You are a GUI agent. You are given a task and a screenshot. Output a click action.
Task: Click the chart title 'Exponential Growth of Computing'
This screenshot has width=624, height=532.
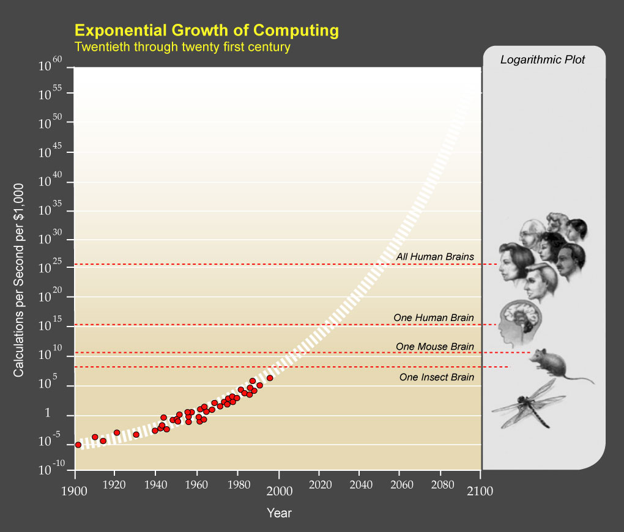click(206, 30)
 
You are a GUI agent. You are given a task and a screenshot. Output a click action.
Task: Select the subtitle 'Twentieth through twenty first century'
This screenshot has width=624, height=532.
click(182, 46)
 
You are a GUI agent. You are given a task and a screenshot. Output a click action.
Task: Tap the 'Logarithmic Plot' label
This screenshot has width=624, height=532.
click(543, 59)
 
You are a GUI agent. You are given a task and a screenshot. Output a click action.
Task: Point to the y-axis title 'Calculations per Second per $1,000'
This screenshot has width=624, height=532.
click(19, 279)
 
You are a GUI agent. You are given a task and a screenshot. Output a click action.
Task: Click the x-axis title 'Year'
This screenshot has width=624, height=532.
click(279, 513)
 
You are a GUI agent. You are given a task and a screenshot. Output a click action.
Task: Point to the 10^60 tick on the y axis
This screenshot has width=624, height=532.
click(51, 65)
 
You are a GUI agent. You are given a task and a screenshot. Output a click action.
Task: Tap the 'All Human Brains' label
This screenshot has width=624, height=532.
click(435, 257)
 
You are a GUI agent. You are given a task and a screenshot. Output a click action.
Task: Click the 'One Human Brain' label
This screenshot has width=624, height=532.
click(433, 317)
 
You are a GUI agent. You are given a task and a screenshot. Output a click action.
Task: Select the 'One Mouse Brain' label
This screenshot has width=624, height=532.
click(434, 347)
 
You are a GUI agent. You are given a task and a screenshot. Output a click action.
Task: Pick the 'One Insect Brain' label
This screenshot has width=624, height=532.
click(436, 377)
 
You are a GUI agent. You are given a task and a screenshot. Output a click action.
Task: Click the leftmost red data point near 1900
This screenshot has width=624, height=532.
click(78, 445)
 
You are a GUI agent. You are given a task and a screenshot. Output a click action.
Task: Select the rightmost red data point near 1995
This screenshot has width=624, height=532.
click(270, 378)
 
